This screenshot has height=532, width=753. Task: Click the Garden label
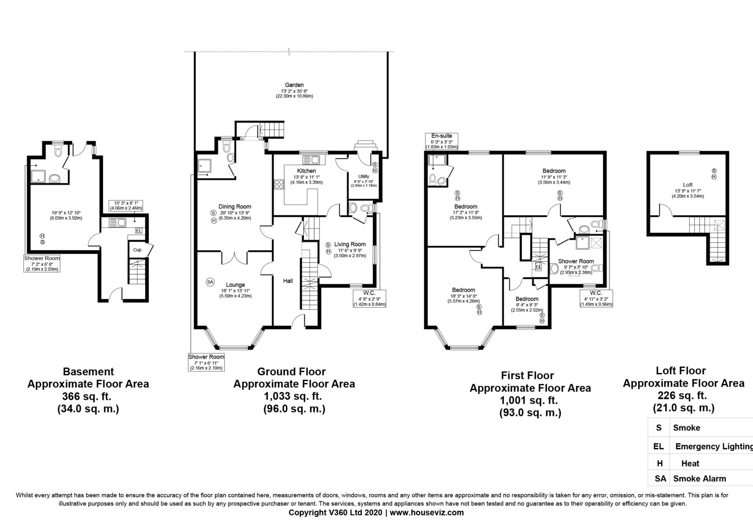coord(294,85)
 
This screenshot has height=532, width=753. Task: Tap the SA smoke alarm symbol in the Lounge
coord(210,282)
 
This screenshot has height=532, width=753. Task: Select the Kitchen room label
coord(306,171)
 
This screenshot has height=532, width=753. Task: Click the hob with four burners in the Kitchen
coord(279,184)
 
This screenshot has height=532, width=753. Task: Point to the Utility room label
coord(364,176)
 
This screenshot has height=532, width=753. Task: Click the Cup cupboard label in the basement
coord(137,250)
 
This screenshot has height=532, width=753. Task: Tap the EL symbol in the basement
coord(139,231)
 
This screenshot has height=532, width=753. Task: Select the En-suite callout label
coord(442,136)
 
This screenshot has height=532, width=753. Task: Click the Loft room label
coord(688,185)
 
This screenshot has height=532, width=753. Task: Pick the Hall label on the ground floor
coord(288,281)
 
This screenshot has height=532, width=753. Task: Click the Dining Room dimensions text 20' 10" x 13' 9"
coord(235,213)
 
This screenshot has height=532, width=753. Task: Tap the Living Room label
coord(350,244)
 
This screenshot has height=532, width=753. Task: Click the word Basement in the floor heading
coord(88,371)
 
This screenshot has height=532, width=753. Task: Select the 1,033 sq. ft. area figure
coord(293,396)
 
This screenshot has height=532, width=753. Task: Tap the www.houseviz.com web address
coord(427,513)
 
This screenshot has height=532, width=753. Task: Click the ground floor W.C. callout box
coord(370,299)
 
